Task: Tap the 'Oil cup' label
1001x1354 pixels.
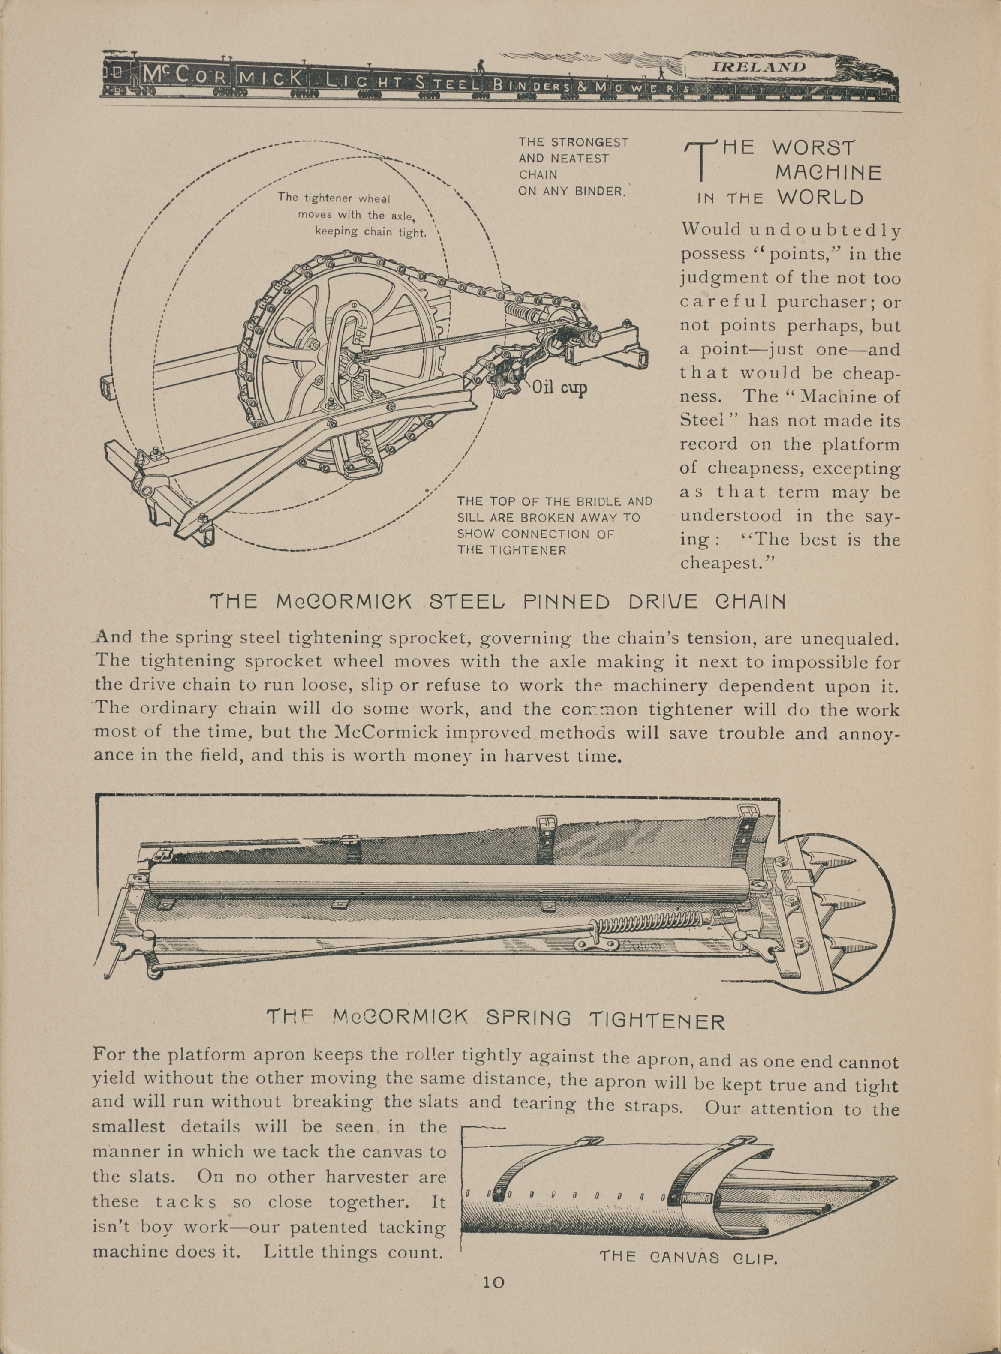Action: [559, 388]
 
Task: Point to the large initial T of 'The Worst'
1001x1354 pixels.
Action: [700, 161]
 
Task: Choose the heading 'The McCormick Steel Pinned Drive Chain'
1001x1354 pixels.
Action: [497, 602]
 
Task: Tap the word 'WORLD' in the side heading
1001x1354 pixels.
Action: [821, 198]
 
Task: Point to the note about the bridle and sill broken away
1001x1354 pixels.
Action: [554, 525]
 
